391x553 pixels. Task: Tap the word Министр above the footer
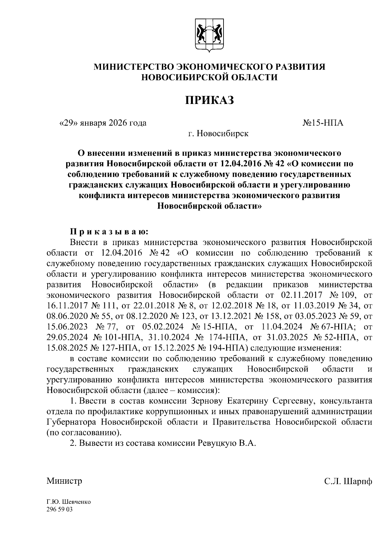tap(64, 481)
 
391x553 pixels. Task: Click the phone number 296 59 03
tap(60, 509)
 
